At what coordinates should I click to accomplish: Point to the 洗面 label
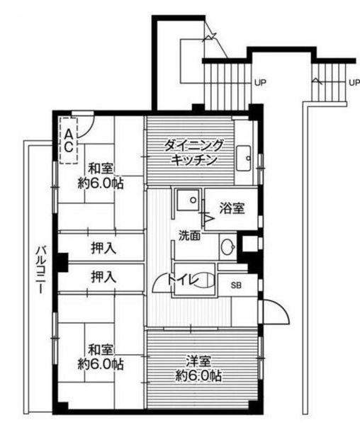pyautogui.click(x=189, y=235)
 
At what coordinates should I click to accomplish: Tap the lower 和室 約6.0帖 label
pyautogui.click(x=101, y=357)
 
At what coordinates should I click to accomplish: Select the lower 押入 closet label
pyautogui.click(x=103, y=276)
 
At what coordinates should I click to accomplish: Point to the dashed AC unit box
pyautogui.click(x=69, y=140)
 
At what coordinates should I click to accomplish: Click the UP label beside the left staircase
pyautogui.click(x=260, y=83)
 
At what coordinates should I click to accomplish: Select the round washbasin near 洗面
pyautogui.click(x=227, y=248)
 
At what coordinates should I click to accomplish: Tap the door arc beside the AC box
pyautogui.click(x=85, y=128)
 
